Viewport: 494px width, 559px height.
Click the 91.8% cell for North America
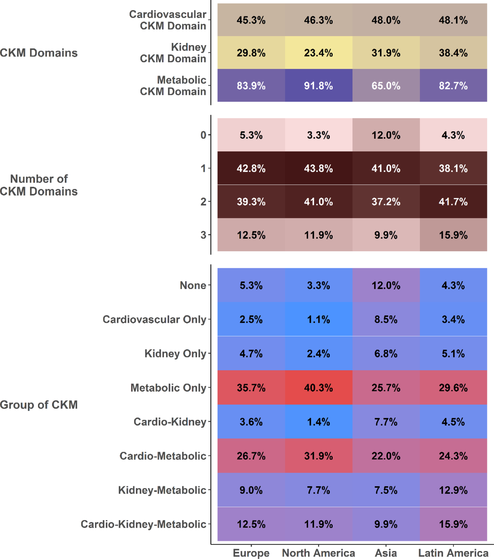(x=319, y=86)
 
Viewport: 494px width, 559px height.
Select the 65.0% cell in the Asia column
(x=386, y=86)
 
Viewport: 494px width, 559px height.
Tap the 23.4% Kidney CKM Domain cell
(x=319, y=53)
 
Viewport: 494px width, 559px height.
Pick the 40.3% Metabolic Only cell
(x=319, y=388)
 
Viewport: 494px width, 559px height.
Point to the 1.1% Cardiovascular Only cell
(x=319, y=319)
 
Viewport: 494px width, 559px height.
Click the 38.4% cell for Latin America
(x=453, y=53)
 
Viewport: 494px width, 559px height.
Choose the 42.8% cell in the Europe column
(x=251, y=168)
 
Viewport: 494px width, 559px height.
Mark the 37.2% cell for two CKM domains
(x=386, y=202)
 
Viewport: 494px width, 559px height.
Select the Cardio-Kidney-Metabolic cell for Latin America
(x=453, y=524)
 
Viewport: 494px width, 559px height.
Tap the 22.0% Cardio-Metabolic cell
(x=386, y=456)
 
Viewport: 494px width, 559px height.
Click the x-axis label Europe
(x=251, y=553)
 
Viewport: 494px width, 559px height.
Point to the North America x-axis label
(x=319, y=553)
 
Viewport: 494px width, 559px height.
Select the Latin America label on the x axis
(x=453, y=553)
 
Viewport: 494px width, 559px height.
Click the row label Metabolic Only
(x=168, y=388)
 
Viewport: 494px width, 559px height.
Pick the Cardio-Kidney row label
(x=170, y=422)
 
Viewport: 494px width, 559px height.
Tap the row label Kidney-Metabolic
(x=162, y=490)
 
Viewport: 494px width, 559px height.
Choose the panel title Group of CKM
(x=39, y=404)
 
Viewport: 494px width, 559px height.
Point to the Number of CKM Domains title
(x=39, y=185)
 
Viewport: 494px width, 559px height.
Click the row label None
(x=193, y=285)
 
